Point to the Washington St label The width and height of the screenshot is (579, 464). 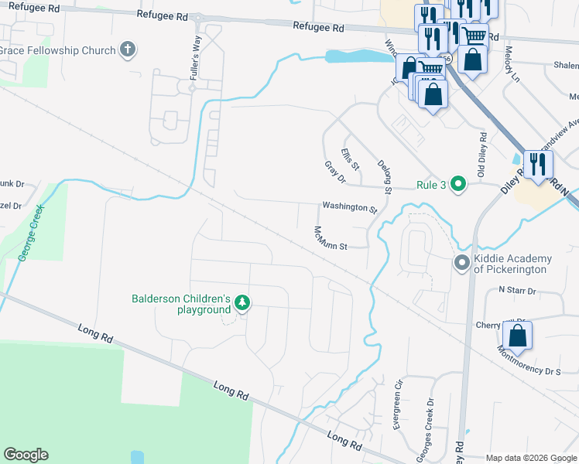pyautogui.click(x=349, y=208)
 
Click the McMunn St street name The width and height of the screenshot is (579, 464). pyautogui.click(x=329, y=238)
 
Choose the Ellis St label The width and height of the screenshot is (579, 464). pyautogui.click(x=351, y=159)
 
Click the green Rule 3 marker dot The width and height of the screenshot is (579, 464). pyautogui.click(x=458, y=183)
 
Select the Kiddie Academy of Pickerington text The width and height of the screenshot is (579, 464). pyautogui.click(x=512, y=264)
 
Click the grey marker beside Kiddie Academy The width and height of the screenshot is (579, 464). pyautogui.click(x=461, y=264)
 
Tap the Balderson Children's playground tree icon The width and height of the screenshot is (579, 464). pyautogui.click(x=242, y=303)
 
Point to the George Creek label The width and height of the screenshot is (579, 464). pyautogui.click(x=29, y=232)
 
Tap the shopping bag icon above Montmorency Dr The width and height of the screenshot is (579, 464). pyautogui.click(x=517, y=336)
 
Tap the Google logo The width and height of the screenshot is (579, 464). pyautogui.click(x=26, y=455)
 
